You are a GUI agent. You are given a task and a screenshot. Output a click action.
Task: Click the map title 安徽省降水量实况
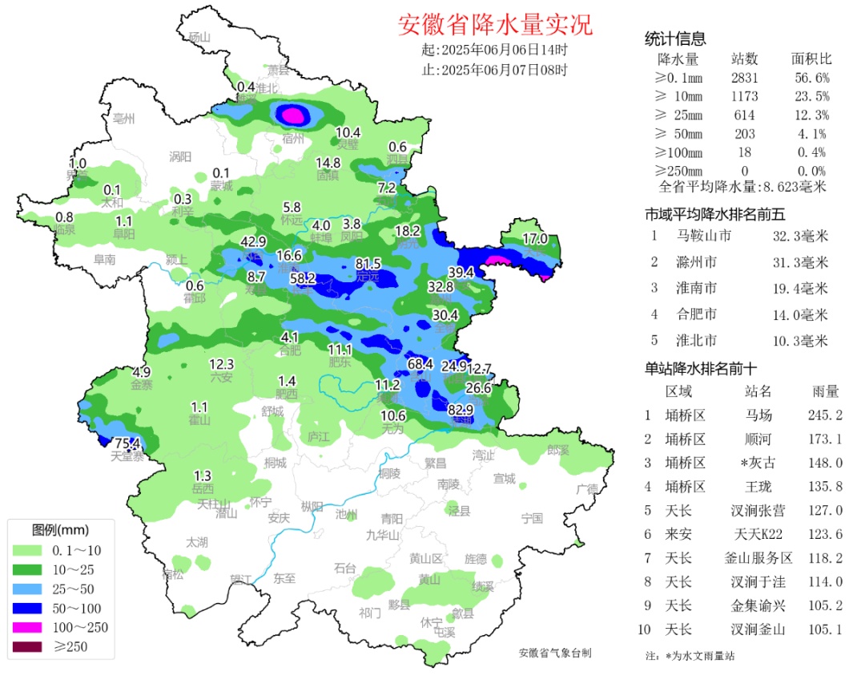(495, 25)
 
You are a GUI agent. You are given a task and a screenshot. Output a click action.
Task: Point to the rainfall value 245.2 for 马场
(825, 415)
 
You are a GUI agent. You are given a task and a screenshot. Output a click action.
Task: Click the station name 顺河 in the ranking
(758, 439)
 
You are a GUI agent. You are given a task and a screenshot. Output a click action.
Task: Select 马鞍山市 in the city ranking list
(704, 236)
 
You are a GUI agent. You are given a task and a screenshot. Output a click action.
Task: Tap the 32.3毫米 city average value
(802, 236)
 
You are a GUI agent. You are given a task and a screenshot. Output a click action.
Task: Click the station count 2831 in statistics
(744, 78)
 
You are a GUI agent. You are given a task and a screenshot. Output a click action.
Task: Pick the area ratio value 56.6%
(811, 78)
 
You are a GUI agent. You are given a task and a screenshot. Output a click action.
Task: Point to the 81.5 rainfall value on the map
(368, 264)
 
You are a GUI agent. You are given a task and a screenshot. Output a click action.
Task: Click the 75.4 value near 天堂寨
(127, 443)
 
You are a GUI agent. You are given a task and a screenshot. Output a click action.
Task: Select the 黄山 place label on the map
(430, 580)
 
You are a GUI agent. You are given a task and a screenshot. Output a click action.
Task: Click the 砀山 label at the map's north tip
(197, 37)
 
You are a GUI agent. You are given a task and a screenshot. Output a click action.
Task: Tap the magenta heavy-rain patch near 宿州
(293, 115)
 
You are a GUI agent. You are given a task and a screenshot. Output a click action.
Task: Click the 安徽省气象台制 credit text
(555, 654)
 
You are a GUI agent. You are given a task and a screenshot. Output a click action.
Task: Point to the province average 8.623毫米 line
(742, 187)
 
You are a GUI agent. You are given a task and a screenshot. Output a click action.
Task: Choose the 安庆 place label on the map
(278, 518)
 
